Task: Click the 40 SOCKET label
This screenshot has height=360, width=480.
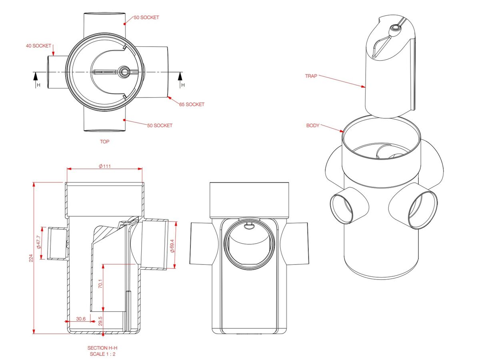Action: pos(38,46)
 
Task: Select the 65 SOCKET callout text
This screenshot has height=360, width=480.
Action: pos(192,104)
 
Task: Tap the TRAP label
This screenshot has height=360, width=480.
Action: pos(311,76)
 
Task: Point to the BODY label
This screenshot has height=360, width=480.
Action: pos(313,125)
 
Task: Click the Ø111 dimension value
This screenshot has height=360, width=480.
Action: pos(105,166)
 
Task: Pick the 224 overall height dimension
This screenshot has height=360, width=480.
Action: pos(31,259)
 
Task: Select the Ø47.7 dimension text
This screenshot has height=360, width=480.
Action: pos(39,242)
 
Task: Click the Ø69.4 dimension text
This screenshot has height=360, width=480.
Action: pos(172,245)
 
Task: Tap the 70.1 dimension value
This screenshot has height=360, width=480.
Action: pos(100,284)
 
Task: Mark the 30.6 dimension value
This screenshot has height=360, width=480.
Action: pos(81,319)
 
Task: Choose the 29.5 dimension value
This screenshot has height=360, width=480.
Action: pos(100,321)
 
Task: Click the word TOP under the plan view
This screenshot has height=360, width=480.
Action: pos(104,142)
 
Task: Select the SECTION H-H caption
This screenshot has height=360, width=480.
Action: pos(102,348)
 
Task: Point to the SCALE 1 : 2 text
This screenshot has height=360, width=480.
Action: pos(102,354)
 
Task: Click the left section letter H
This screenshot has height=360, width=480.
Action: pos(38,85)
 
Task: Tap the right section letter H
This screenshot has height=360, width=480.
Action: pos(183,85)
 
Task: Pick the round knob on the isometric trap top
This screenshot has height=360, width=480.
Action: pos(395,28)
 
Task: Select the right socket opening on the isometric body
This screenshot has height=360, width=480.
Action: pos(422,210)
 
